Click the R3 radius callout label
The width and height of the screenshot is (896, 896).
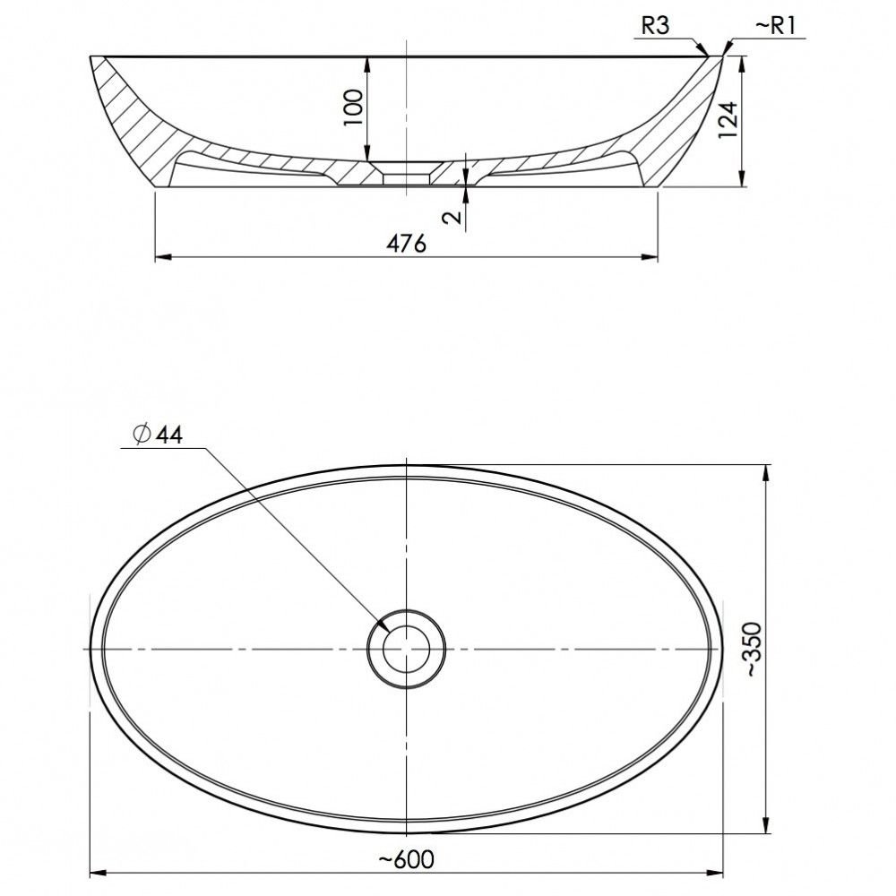coord(655,26)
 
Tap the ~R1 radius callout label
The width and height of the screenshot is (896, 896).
coord(775,26)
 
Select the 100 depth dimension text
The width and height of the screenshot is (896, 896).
coord(354,108)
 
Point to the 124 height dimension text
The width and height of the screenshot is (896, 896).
coord(728,120)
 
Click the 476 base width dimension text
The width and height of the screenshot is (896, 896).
coord(406,244)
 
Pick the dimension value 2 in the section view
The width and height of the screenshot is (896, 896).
coord(452,217)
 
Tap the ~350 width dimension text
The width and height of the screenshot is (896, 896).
coord(754,649)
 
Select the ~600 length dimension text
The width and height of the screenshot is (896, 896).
coord(406,859)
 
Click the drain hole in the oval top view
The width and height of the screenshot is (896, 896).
coord(406,649)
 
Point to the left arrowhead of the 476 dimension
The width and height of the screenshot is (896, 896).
coord(163,257)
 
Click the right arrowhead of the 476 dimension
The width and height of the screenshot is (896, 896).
coord(650,257)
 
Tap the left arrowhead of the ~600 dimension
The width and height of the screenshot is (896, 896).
coord(99,873)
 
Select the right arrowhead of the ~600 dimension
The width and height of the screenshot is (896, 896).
coord(715,873)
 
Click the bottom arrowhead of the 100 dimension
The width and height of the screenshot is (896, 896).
coord(367,153)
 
